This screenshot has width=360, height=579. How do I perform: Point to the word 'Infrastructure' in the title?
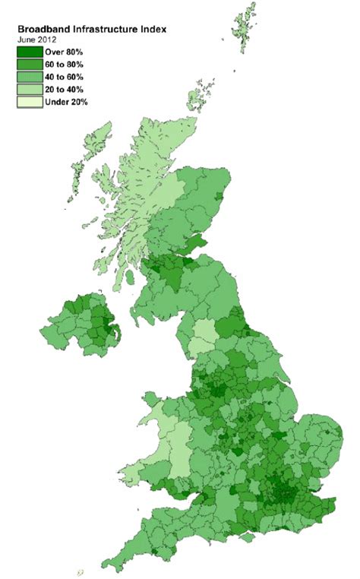point(108,28)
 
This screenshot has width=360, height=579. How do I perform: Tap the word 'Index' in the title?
point(155,28)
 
